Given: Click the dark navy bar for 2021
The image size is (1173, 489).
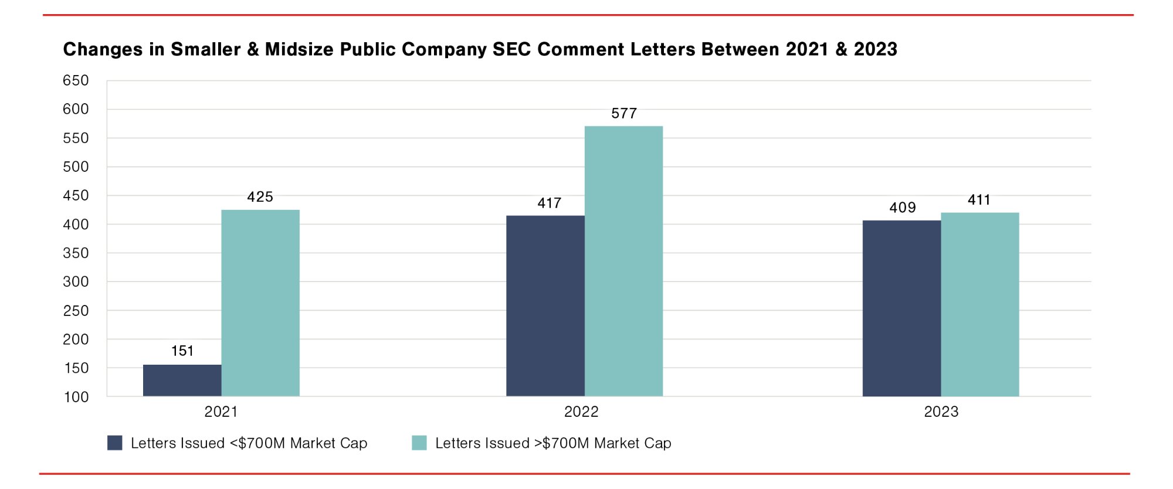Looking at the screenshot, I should [x=182, y=380].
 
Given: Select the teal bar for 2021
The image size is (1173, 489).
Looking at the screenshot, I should [x=260, y=303].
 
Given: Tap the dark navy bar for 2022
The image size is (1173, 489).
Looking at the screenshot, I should [x=545, y=305].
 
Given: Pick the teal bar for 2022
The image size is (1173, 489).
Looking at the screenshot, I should [x=623, y=261].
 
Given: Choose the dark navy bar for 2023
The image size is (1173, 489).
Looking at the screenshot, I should [x=901, y=308].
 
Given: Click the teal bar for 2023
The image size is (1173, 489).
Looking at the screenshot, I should [x=980, y=304].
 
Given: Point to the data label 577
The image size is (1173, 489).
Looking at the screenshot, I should [x=624, y=114].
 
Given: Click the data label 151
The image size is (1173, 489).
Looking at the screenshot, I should [x=182, y=351].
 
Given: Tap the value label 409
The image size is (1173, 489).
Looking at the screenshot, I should [x=903, y=208].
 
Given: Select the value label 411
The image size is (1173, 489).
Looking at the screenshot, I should [x=979, y=200].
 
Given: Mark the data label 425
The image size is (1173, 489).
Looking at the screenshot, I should [x=260, y=197].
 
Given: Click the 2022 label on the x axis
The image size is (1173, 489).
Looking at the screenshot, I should [x=581, y=412].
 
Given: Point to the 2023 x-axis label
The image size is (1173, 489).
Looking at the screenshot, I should [x=941, y=412].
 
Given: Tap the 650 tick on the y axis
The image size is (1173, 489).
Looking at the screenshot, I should [x=76, y=80].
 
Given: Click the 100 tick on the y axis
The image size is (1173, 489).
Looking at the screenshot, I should [x=76, y=397].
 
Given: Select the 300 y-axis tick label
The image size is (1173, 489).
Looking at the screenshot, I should [x=76, y=282].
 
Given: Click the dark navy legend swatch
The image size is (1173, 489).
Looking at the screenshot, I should [x=115, y=443].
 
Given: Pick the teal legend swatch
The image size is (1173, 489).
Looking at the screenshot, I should [x=419, y=443].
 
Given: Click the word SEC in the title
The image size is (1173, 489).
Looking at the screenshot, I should [x=512, y=49].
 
